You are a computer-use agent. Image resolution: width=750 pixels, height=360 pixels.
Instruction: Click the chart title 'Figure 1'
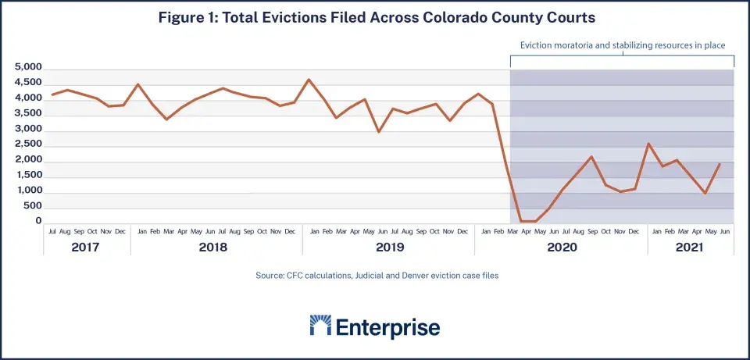374,16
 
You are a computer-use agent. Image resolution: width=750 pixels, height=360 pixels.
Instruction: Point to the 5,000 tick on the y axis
28,68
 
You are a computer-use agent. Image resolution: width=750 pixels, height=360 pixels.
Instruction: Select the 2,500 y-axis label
28,144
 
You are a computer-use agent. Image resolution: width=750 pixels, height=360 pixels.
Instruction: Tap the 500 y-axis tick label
32,206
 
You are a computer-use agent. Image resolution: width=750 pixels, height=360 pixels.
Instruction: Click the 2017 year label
87,248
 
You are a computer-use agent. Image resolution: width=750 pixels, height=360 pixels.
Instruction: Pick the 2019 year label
388,248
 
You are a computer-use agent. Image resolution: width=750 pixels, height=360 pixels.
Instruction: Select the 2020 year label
561,248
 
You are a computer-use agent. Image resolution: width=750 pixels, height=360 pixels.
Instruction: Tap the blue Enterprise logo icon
320,326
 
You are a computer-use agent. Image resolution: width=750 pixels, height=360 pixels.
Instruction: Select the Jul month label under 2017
52,231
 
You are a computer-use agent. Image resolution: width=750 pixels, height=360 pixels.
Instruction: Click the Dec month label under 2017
120,231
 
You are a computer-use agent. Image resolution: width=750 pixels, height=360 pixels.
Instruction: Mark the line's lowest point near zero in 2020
529,222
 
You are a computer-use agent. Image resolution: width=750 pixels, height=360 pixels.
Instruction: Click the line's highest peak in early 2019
309,80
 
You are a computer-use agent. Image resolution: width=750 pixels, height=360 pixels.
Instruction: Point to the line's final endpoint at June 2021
720,164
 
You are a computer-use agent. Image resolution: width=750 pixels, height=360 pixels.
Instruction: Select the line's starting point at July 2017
52,94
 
